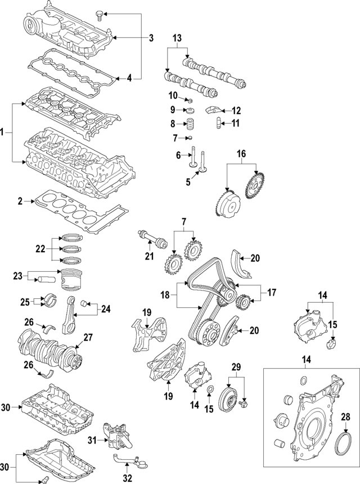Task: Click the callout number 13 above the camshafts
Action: tap(177, 38)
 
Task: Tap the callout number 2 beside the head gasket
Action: tap(20, 201)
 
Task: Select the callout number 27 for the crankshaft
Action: tap(88, 338)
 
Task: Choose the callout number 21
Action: tap(149, 257)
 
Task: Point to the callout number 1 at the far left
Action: tap(3, 133)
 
